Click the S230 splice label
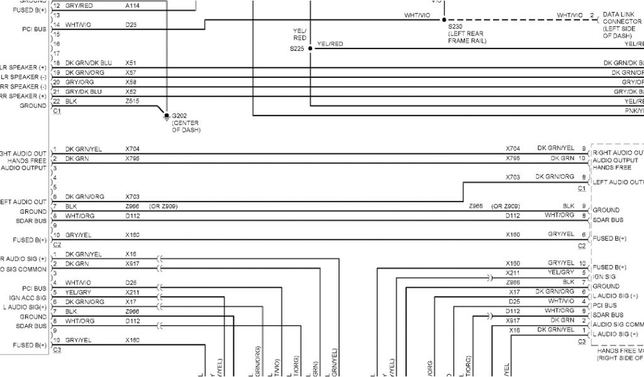pyautogui.click(x=457, y=26)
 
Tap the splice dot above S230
pyautogui.click(x=443, y=19)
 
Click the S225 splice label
pyautogui.click(x=297, y=48)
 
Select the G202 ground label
pyautogui.click(x=180, y=116)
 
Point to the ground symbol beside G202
pyautogui.click(x=166, y=115)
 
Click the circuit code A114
pyautogui.click(x=133, y=5)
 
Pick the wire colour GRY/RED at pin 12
pyautogui.click(x=79, y=5)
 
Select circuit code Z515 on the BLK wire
pyautogui.click(x=131, y=102)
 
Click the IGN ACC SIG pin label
pyautogui.click(x=28, y=298)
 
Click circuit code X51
pyautogui.click(x=131, y=63)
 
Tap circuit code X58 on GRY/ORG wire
pyautogui.click(x=131, y=82)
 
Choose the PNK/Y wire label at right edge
pyautogui.click(x=633, y=111)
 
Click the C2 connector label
pyautogui.click(x=57, y=244)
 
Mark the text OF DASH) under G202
pyautogui.click(x=186, y=129)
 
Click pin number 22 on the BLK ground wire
pyautogui.click(x=57, y=101)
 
